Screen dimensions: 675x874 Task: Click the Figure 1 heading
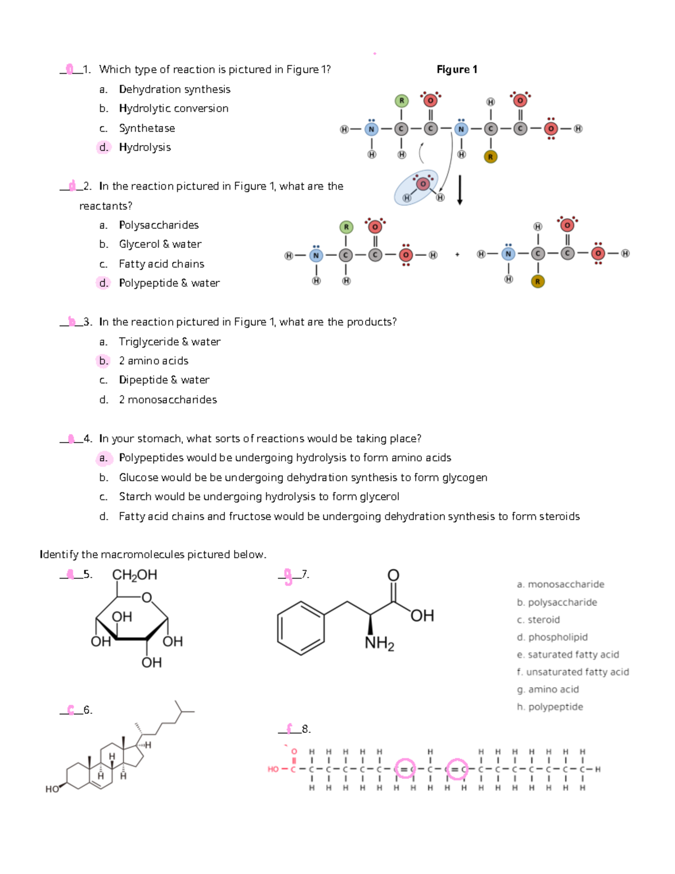(x=457, y=69)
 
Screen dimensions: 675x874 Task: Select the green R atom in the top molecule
(x=401, y=101)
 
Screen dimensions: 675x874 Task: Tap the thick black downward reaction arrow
(x=460, y=190)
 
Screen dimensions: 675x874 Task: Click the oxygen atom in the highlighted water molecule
(x=423, y=183)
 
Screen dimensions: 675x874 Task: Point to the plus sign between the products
(x=457, y=255)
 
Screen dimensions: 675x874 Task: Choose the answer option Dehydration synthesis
(x=174, y=89)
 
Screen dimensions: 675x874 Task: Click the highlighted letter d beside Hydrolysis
(x=103, y=147)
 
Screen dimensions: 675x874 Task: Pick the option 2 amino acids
(x=154, y=361)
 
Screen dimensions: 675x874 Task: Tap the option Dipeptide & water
(x=164, y=380)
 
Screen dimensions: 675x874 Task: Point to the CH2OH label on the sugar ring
(x=134, y=575)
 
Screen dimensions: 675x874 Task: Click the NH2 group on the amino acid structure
(x=379, y=643)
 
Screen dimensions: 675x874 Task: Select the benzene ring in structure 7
(x=301, y=628)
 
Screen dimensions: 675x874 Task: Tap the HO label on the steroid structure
(x=52, y=789)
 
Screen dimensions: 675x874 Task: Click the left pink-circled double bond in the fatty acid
(x=405, y=769)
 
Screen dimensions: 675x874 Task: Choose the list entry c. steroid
(x=538, y=620)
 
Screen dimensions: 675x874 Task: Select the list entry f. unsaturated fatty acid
(x=573, y=672)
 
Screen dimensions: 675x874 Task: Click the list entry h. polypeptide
(x=550, y=707)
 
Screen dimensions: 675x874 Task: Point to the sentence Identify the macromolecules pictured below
(x=153, y=555)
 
